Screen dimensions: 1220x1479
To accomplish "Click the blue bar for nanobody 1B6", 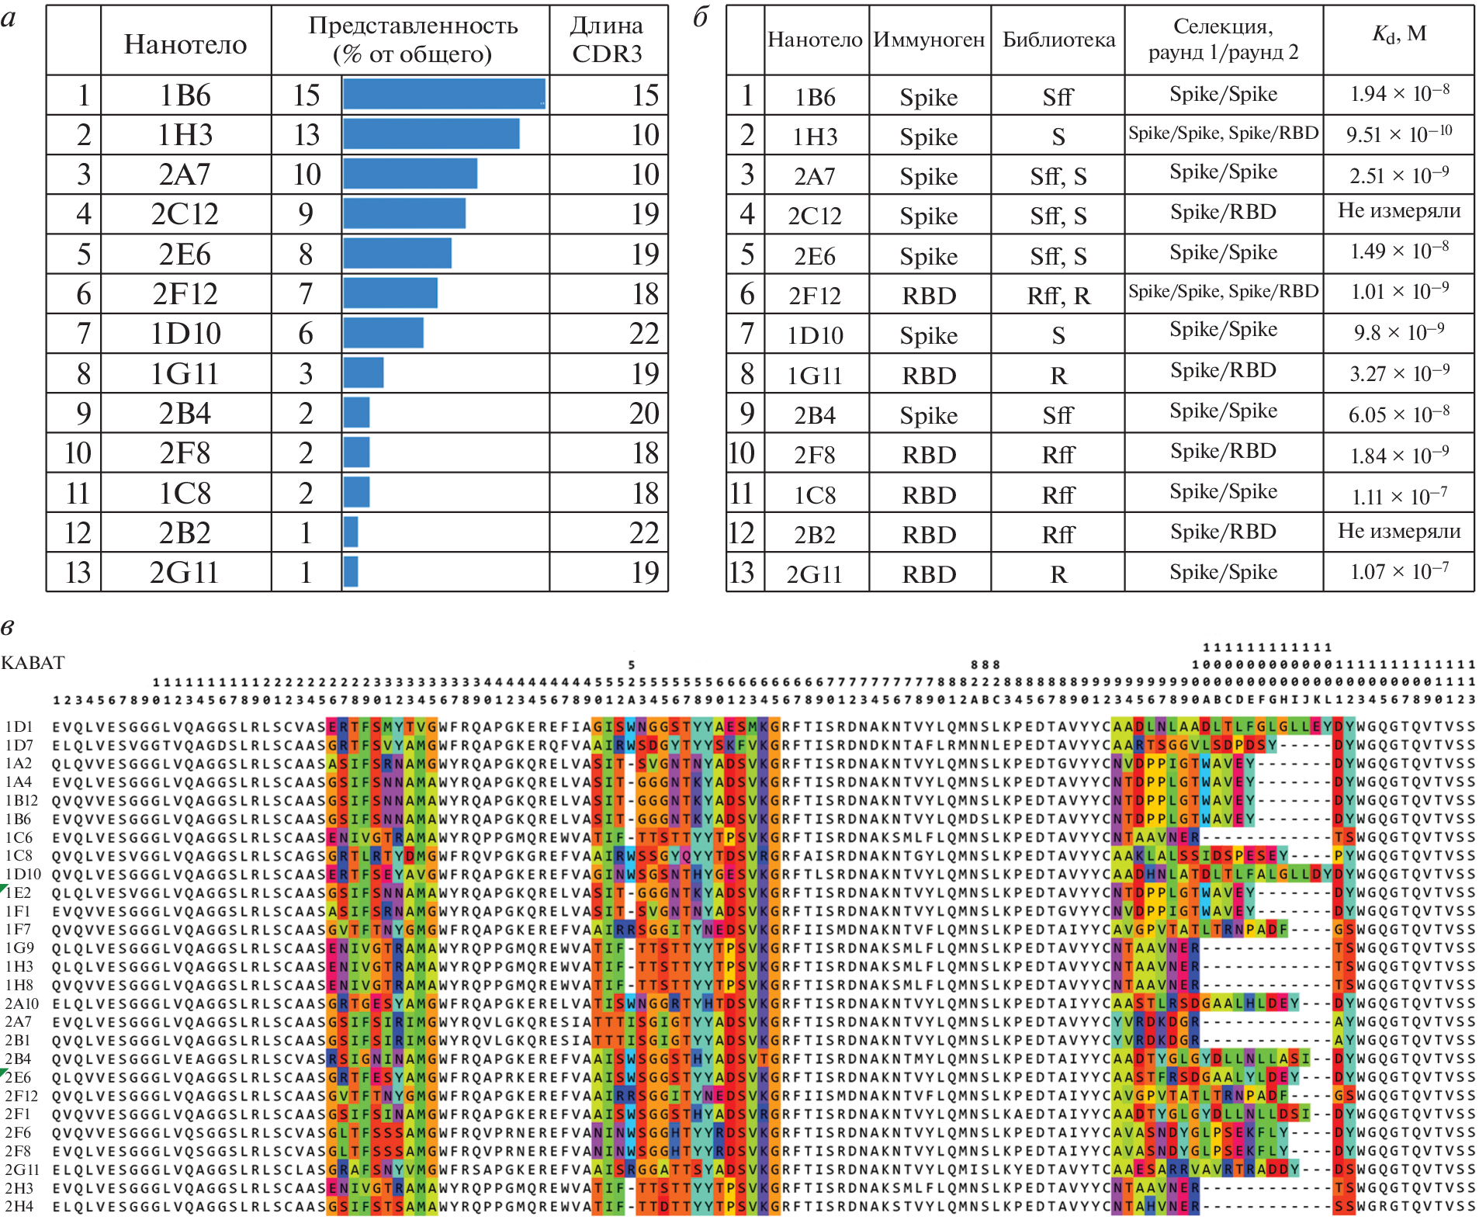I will [444, 94].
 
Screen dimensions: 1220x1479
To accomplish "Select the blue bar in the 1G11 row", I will [363, 373].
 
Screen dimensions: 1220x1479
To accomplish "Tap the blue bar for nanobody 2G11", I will [351, 572].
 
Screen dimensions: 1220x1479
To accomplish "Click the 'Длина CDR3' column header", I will [607, 39].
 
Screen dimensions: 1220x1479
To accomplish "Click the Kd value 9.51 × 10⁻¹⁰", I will [1398, 134].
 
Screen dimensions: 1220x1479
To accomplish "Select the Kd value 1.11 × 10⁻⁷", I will [1398, 495].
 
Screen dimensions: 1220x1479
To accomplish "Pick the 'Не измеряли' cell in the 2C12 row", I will [1398, 210].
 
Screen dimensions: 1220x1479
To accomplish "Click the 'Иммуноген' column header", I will [929, 40].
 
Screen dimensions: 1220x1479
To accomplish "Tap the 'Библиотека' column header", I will [1058, 40].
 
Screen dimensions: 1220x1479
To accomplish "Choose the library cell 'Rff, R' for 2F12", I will [1058, 296].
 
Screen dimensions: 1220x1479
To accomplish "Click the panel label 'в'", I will [8, 627].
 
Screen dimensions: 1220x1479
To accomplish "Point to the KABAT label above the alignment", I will [33, 663].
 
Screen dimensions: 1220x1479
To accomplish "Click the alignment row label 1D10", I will [23, 874].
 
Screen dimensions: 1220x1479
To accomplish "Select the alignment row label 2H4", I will [19, 1207].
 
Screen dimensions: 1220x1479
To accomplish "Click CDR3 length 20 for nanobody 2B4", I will [644, 413].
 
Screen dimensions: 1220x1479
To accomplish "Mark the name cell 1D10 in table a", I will [185, 334].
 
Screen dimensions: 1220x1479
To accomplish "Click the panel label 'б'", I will [701, 17].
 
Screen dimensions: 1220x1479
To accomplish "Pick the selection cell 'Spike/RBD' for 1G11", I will [1223, 370].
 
